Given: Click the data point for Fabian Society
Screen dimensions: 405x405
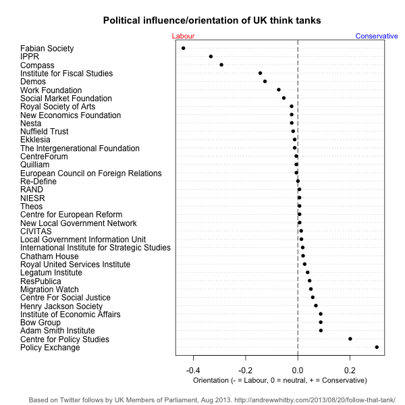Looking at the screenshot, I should coord(183,49).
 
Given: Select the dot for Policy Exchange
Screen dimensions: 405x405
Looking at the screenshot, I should coord(377,347).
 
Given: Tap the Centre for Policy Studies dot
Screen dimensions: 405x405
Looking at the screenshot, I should coord(350,339).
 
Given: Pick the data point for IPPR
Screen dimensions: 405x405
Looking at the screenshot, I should coord(211,57).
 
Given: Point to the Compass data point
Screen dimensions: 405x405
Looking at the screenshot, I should coord(221,65).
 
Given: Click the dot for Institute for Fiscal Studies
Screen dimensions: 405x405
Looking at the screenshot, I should coord(260,73).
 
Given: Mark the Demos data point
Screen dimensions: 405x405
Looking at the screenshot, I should coord(265,82).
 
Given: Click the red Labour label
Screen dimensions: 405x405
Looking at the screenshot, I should coord(183,36).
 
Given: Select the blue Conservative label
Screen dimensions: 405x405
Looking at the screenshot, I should coord(377,36).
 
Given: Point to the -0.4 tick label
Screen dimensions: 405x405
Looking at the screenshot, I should coord(193,371).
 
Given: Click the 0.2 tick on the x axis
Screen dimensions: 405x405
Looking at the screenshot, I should coord(350,371).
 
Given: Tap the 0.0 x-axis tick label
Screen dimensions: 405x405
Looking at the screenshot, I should coord(298,371).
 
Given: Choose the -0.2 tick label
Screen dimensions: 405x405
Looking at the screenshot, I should coord(245,371).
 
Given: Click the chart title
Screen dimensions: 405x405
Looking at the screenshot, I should coord(212,21).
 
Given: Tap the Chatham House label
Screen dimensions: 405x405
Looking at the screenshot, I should coord(49,256).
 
